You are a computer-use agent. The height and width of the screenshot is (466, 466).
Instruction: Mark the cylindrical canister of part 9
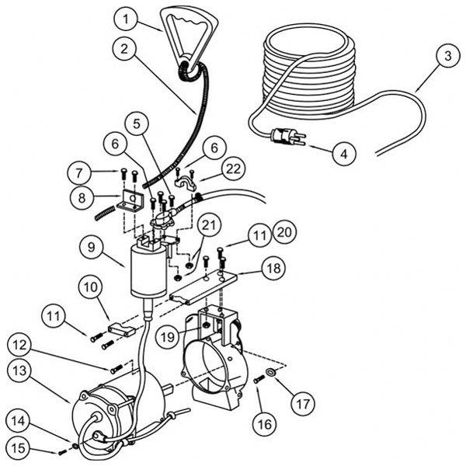[145, 271]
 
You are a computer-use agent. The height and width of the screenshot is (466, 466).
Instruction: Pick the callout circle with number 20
[284, 233]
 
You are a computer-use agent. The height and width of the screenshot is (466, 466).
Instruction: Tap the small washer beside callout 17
[268, 373]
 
